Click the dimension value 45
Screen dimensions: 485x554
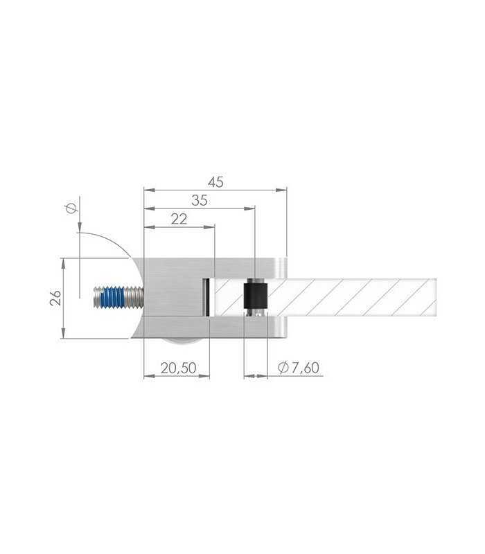point(215,182)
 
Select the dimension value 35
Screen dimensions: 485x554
point(199,200)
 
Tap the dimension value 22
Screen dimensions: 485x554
point(179,219)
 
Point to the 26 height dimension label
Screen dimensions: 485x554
point(55,298)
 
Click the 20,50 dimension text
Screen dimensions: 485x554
point(179,368)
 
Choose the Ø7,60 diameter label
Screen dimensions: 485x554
point(299,368)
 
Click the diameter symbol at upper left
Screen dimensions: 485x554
point(72,208)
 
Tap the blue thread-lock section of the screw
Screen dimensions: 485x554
point(113,298)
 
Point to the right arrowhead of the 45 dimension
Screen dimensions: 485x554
point(281,190)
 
